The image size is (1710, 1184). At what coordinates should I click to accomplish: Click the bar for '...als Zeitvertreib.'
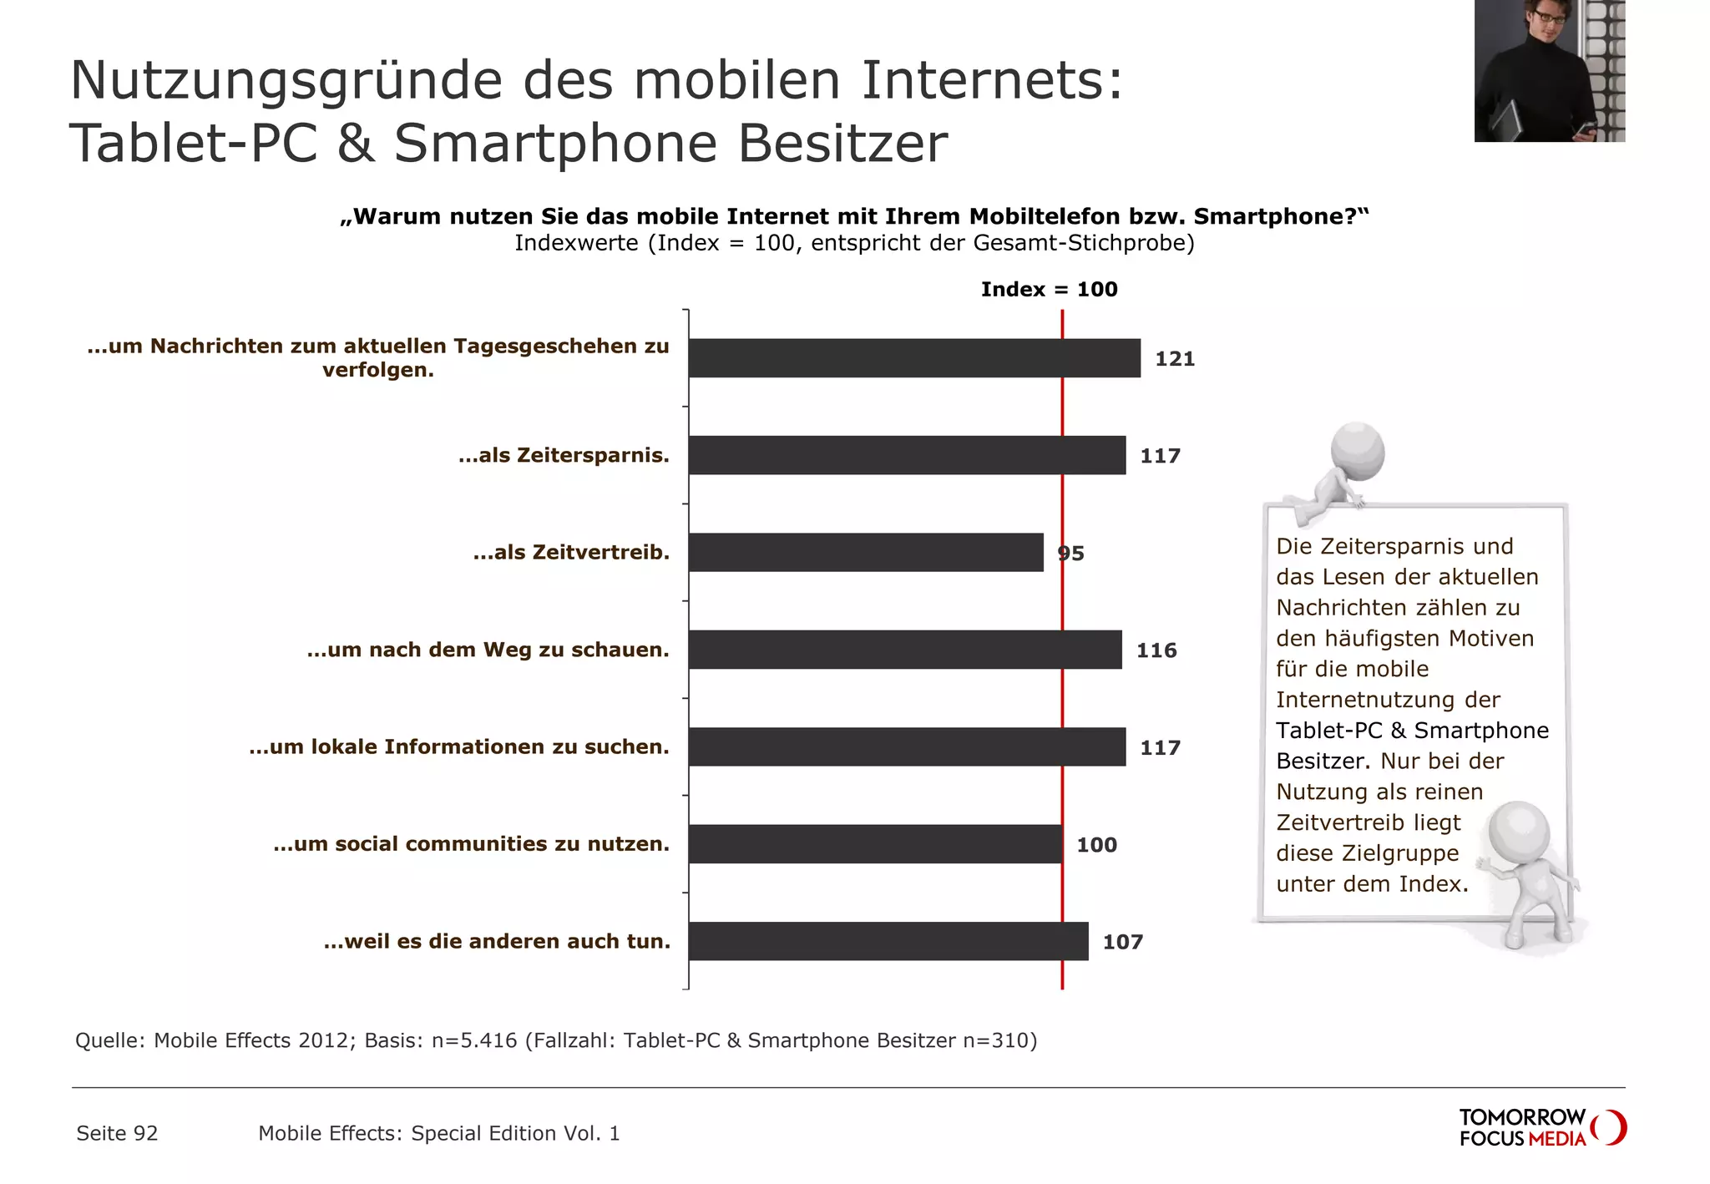click(x=866, y=552)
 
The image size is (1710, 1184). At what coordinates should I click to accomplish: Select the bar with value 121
click(x=914, y=358)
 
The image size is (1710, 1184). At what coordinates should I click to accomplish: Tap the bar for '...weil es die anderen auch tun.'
click(x=888, y=941)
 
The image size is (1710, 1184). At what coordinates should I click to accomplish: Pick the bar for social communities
click(x=875, y=844)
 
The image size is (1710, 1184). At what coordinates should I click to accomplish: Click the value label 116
click(x=1156, y=650)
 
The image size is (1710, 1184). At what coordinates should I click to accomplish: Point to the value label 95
click(x=1070, y=554)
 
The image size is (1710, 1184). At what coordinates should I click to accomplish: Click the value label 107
click(x=1122, y=942)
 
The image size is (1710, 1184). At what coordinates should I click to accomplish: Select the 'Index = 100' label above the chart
click(x=1049, y=290)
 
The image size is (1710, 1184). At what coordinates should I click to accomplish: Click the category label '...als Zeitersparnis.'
click(x=564, y=456)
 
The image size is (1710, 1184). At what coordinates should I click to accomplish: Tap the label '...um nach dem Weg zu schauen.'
click(x=488, y=650)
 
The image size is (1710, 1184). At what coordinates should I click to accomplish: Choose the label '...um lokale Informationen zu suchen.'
click(x=459, y=746)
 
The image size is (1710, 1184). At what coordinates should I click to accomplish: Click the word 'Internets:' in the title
click(x=992, y=80)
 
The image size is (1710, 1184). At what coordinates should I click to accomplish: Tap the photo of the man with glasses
click(x=1549, y=71)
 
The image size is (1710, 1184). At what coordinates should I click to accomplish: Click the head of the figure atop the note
click(x=1357, y=451)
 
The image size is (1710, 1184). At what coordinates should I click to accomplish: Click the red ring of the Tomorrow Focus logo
click(x=1610, y=1127)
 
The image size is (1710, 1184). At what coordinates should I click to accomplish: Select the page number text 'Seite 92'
click(x=117, y=1133)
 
